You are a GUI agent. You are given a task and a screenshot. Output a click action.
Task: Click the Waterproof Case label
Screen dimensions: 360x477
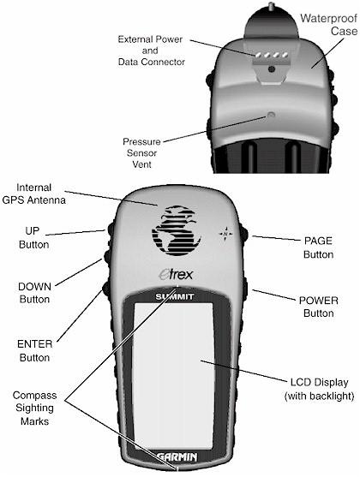click(328, 25)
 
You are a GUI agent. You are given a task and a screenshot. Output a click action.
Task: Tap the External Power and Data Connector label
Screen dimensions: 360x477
click(152, 51)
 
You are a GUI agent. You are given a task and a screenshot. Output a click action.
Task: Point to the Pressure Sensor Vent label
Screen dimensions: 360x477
click(142, 153)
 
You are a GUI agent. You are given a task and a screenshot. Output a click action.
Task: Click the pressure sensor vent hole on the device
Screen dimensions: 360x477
click(271, 115)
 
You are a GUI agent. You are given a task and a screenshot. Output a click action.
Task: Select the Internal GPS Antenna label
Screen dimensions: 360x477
click(33, 194)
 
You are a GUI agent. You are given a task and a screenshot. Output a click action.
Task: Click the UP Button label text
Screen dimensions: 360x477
click(33, 237)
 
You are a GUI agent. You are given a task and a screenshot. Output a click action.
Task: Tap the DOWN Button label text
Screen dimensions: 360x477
click(34, 293)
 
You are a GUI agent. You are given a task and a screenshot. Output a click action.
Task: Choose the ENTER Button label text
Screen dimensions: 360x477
click(35, 351)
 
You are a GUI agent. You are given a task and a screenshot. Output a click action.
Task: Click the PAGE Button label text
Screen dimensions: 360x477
click(318, 247)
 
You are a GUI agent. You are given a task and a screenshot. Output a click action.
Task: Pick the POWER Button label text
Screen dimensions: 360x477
click(319, 307)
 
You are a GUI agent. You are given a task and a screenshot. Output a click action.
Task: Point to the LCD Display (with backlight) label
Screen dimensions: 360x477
click(319, 389)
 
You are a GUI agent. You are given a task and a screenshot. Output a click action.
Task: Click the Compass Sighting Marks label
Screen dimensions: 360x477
click(35, 408)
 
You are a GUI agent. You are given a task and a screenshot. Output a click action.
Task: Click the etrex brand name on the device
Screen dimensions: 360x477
click(176, 274)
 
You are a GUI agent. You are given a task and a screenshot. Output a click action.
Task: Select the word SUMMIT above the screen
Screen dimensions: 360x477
click(175, 296)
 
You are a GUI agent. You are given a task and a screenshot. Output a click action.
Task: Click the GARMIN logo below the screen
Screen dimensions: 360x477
click(177, 456)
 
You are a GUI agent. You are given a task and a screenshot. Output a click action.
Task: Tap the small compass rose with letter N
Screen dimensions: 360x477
click(225, 234)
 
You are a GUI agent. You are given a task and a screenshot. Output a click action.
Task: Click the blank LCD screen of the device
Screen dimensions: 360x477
click(173, 376)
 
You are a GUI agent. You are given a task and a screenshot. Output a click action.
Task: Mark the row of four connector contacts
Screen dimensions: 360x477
click(272, 55)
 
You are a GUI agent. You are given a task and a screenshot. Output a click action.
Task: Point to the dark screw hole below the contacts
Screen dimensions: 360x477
click(272, 69)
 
